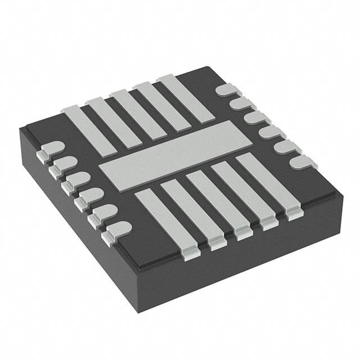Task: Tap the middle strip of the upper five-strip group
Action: (137, 112)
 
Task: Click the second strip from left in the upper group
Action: (113, 120)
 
